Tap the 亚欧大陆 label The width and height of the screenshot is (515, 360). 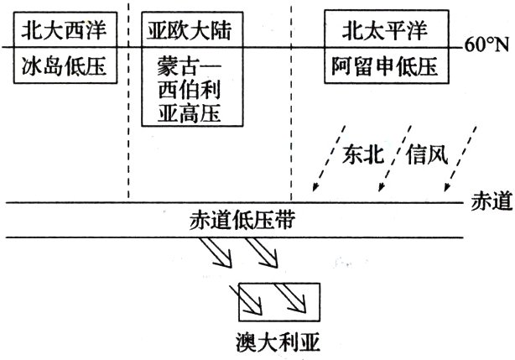tap(188, 31)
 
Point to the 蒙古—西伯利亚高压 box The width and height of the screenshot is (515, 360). tap(188, 88)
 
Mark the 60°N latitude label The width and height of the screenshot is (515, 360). tap(486, 45)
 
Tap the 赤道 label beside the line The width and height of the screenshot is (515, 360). tap(491, 202)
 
